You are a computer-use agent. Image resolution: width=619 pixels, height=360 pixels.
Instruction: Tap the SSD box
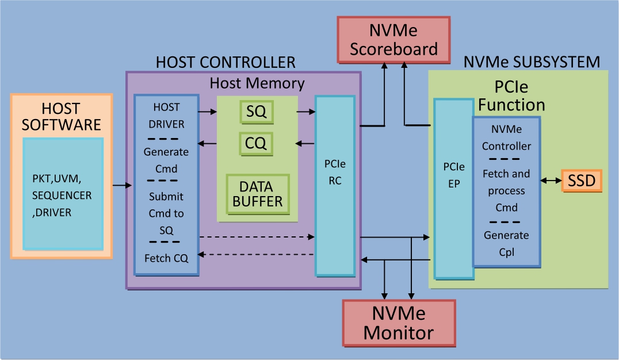581,181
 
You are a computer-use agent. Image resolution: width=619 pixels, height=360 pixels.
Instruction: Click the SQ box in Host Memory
256,112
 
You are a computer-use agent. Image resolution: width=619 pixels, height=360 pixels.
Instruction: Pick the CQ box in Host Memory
256,143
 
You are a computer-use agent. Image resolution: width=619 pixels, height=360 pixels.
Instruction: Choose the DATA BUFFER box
257,194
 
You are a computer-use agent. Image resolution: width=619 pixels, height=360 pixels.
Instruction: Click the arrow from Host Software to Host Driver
121,185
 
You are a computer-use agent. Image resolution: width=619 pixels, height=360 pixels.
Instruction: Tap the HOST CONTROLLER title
226,62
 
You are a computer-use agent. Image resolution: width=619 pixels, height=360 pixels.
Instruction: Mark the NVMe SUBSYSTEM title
532,62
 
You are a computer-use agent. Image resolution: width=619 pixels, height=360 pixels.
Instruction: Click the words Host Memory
257,83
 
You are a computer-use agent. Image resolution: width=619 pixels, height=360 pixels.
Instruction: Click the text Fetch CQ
166,258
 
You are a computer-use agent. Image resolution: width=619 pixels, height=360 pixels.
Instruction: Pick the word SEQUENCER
62,196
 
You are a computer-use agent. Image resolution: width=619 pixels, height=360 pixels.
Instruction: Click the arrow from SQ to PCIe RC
305,112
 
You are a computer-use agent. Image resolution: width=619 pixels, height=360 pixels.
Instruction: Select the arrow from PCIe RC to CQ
305,143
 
